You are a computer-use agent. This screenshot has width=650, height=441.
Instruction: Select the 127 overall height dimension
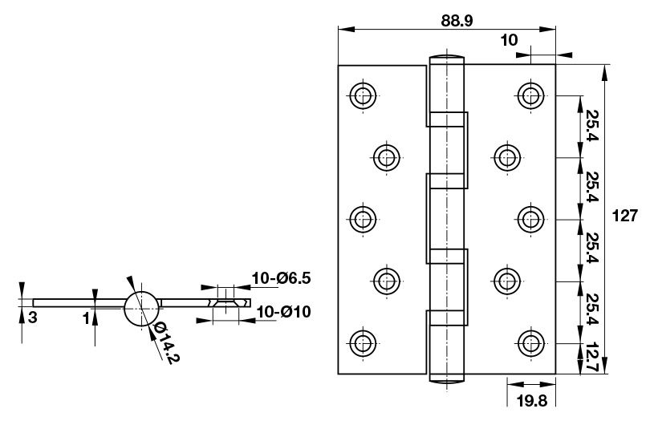[x=624, y=216]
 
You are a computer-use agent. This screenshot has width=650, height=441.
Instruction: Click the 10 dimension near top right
[x=509, y=40]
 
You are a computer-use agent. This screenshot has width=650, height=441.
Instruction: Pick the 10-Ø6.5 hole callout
[x=280, y=278]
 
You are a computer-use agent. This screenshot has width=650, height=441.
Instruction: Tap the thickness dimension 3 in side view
[x=32, y=317]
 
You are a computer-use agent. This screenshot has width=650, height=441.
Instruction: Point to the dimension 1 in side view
[x=85, y=317]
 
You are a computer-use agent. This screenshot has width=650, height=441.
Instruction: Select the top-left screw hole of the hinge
[x=364, y=95]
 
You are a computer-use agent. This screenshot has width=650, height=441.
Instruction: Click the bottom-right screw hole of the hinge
[x=529, y=342]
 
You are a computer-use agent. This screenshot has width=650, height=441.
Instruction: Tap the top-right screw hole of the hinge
[x=529, y=95]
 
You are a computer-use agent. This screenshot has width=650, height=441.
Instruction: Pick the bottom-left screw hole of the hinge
[x=364, y=342]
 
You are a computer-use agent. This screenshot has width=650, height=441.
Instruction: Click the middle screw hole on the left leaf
[x=364, y=218]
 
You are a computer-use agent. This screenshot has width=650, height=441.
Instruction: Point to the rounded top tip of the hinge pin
[x=447, y=59]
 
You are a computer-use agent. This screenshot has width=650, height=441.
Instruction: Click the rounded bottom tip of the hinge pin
[x=447, y=378]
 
